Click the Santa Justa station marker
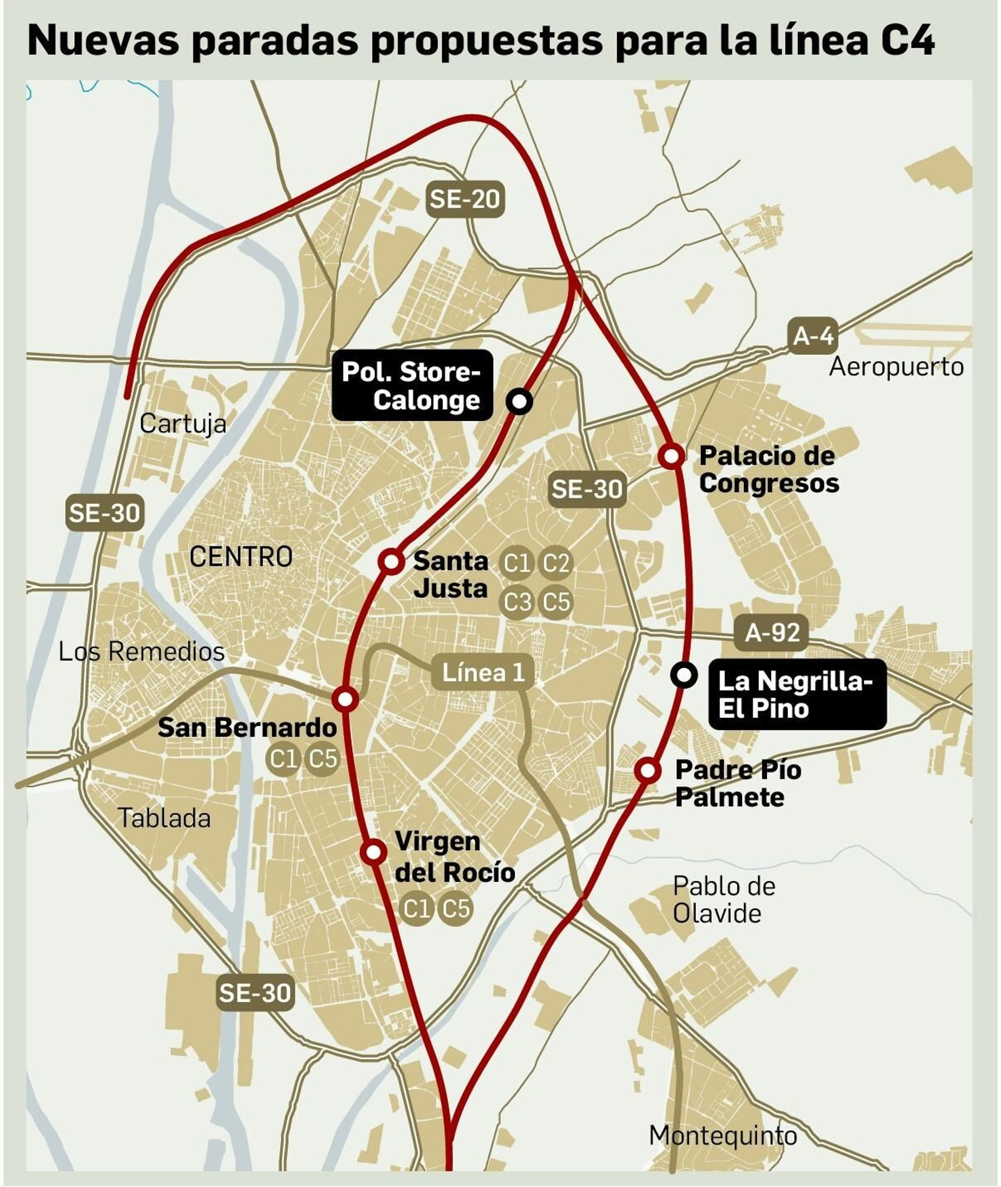point(391,561)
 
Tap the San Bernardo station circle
point(345,698)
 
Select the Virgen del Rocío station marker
point(373,851)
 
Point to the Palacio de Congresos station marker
point(671,456)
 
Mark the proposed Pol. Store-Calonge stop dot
point(519,401)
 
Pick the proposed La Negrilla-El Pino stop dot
point(684,675)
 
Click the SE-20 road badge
point(465,199)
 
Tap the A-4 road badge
point(813,336)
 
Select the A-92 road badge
point(771,632)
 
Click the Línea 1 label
point(483,672)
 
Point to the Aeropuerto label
point(896,366)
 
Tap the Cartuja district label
point(183,423)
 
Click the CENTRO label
point(241,556)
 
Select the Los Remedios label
point(141,651)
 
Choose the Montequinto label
point(723,1135)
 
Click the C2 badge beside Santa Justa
point(556,563)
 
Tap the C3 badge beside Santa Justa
point(517,602)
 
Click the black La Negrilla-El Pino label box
point(796,694)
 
